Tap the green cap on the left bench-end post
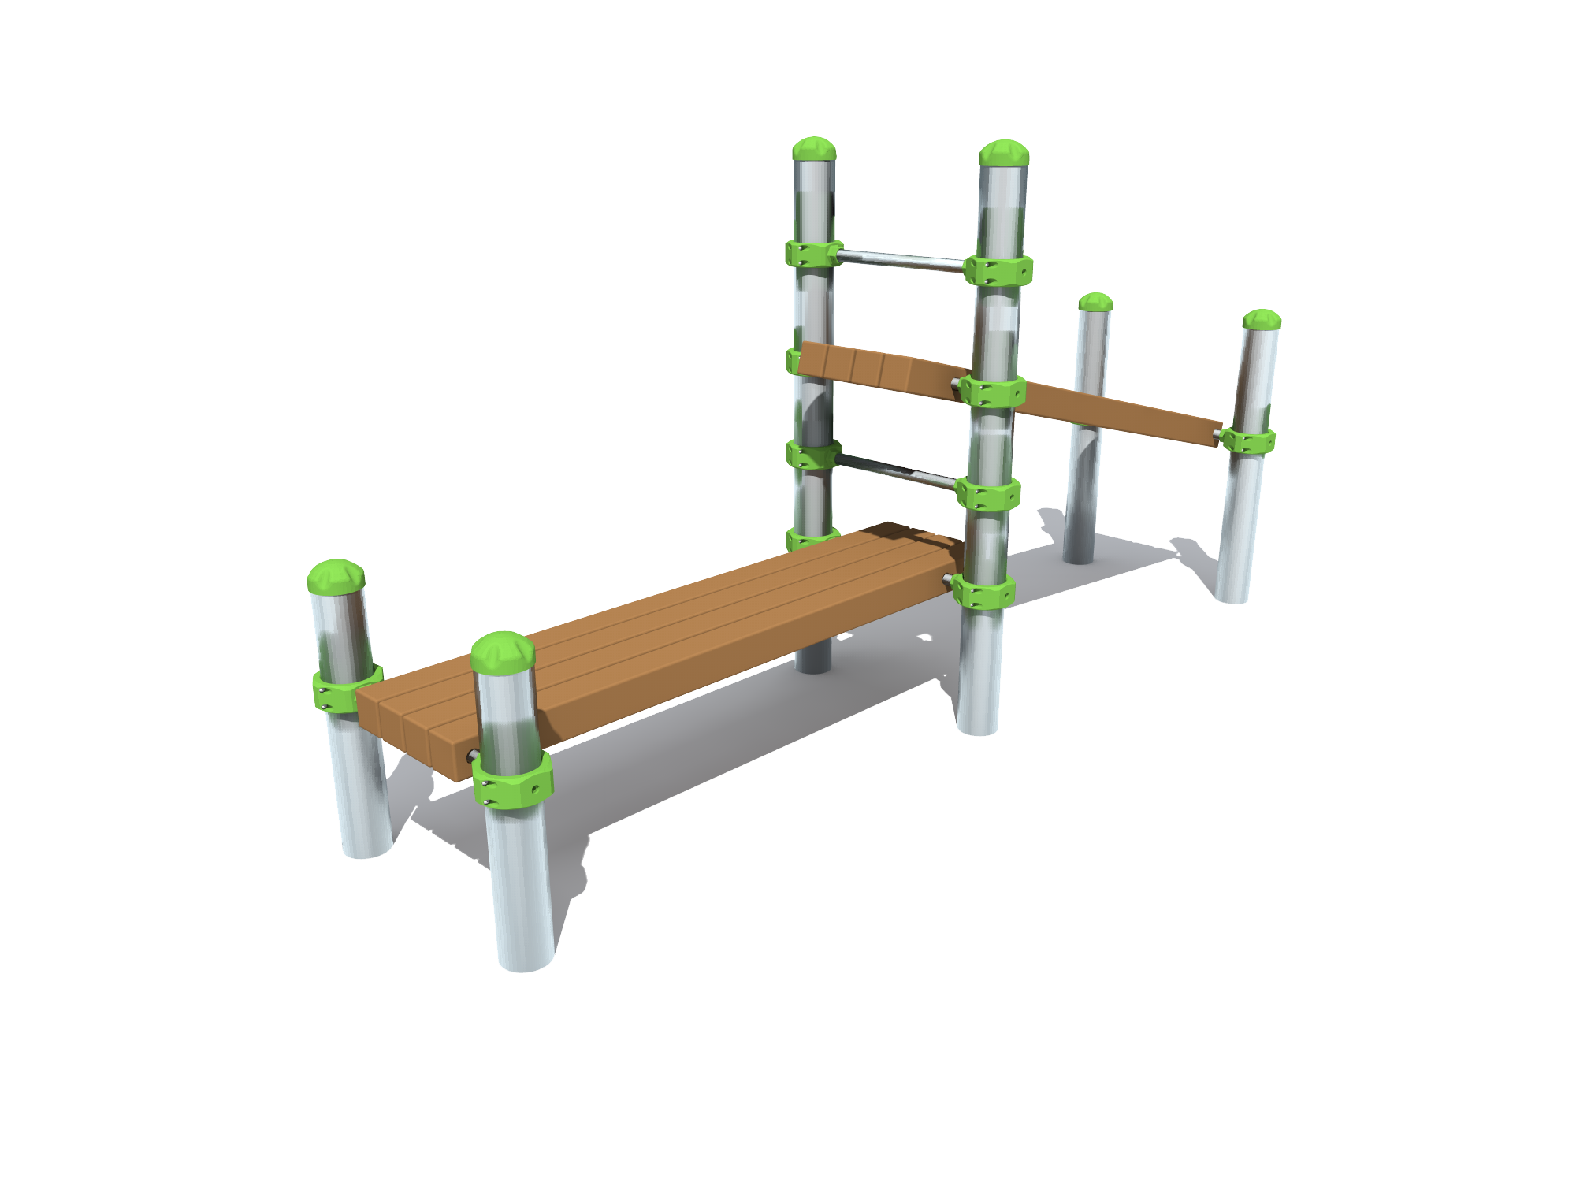(336, 576)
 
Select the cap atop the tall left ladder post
(814, 149)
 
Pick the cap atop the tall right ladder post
(1004, 153)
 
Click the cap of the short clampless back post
(1095, 303)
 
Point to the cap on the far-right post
(1262, 320)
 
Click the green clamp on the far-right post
(1249, 440)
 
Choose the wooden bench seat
(662, 646)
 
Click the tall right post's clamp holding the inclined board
(993, 391)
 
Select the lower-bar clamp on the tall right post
(988, 494)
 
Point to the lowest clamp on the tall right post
(983, 590)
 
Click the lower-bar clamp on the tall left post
(812, 455)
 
